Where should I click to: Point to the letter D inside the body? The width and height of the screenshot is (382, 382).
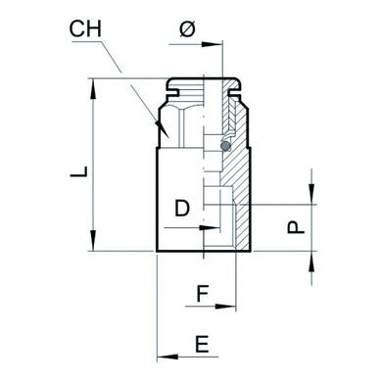coord(182,208)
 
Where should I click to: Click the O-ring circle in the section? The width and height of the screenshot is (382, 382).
coord(226,147)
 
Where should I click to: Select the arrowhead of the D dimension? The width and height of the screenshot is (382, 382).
coord(202,227)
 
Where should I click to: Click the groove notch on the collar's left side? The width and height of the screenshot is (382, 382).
coord(167,92)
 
